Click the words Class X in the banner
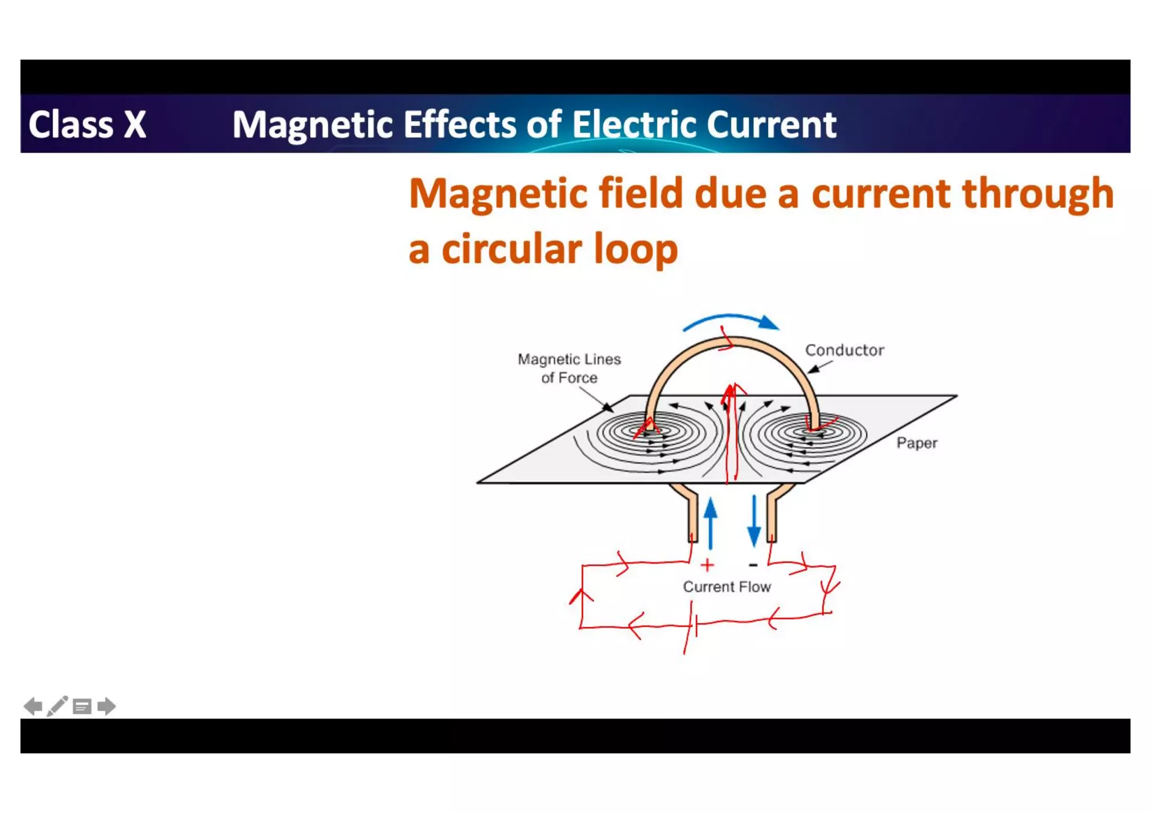pyautogui.click(x=87, y=124)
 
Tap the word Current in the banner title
pyautogui.click(x=771, y=124)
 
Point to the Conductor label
pyautogui.click(x=844, y=350)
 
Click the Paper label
pyautogui.click(x=917, y=443)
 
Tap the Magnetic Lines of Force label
pyautogui.click(x=569, y=368)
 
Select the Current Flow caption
pyautogui.click(x=727, y=587)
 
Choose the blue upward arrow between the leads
pyautogui.click(x=711, y=523)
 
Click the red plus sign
pyautogui.click(x=708, y=565)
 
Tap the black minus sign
pyautogui.click(x=753, y=565)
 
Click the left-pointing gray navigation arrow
pyautogui.click(x=33, y=706)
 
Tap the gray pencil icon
pyautogui.click(x=57, y=706)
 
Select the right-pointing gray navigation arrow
pyautogui.click(x=106, y=706)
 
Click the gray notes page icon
pyautogui.click(x=82, y=707)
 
